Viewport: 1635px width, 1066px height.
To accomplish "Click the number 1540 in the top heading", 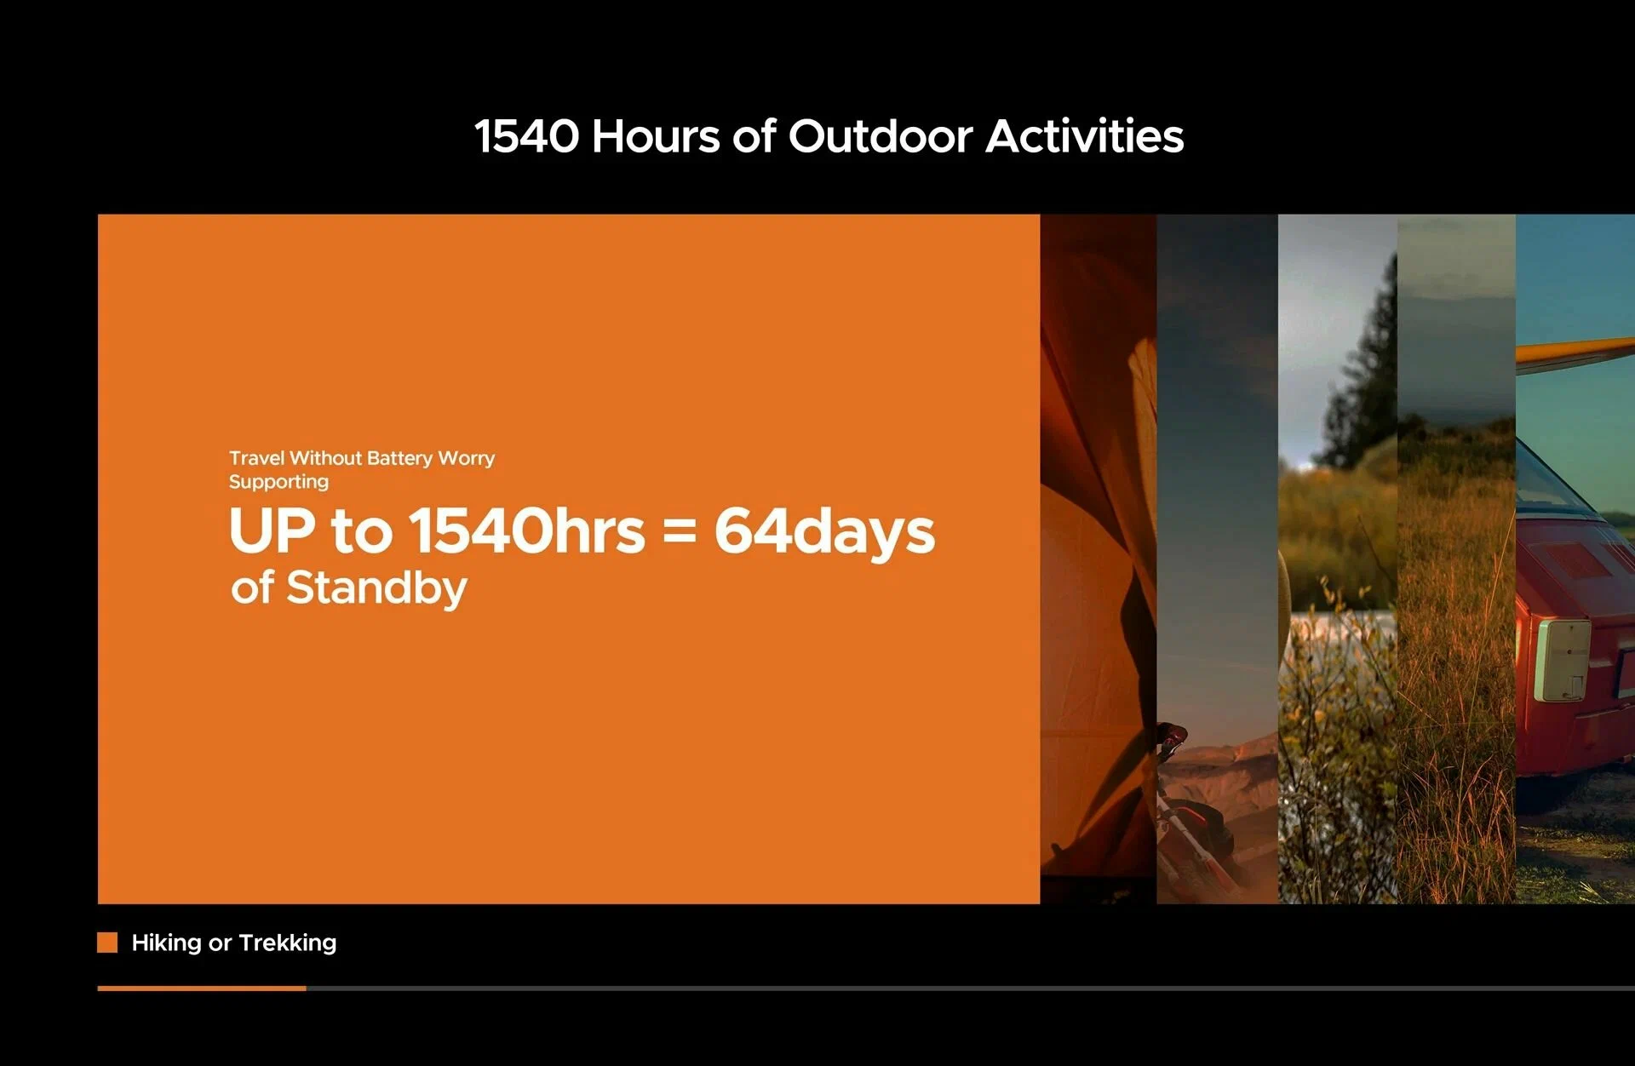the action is (526, 136).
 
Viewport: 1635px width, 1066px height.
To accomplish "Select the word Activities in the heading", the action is (1085, 136).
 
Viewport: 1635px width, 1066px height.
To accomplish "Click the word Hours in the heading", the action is (656, 136).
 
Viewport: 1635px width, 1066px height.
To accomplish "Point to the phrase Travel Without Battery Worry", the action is (362, 458).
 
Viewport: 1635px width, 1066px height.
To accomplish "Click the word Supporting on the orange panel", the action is (278, 482).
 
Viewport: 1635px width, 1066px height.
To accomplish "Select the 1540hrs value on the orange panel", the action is (527, 530).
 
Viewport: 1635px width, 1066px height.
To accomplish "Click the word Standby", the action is (376, 589).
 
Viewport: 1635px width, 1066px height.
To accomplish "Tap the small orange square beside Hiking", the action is (107, 943).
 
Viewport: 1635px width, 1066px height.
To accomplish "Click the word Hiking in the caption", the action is (166, 943).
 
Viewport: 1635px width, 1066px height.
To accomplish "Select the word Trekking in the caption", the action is (288, 943).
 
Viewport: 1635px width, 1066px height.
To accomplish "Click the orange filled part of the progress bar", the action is (202, 989).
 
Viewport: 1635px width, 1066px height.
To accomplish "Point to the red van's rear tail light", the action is (1563, 661).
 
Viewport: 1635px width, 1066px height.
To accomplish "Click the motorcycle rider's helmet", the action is (1172, 732).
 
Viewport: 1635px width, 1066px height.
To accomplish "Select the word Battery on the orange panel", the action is (399, 458).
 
